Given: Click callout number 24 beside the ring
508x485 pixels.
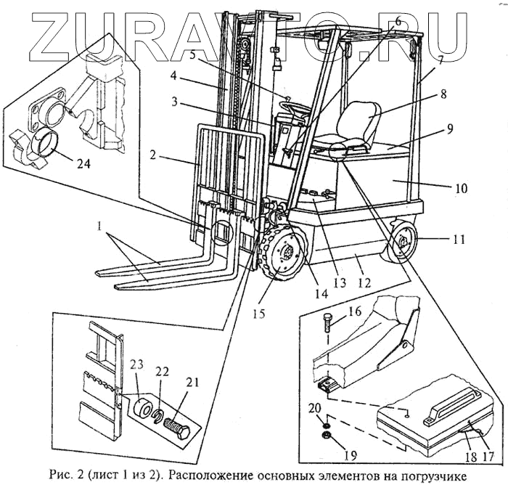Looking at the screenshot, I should click(x=84, y=164).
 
